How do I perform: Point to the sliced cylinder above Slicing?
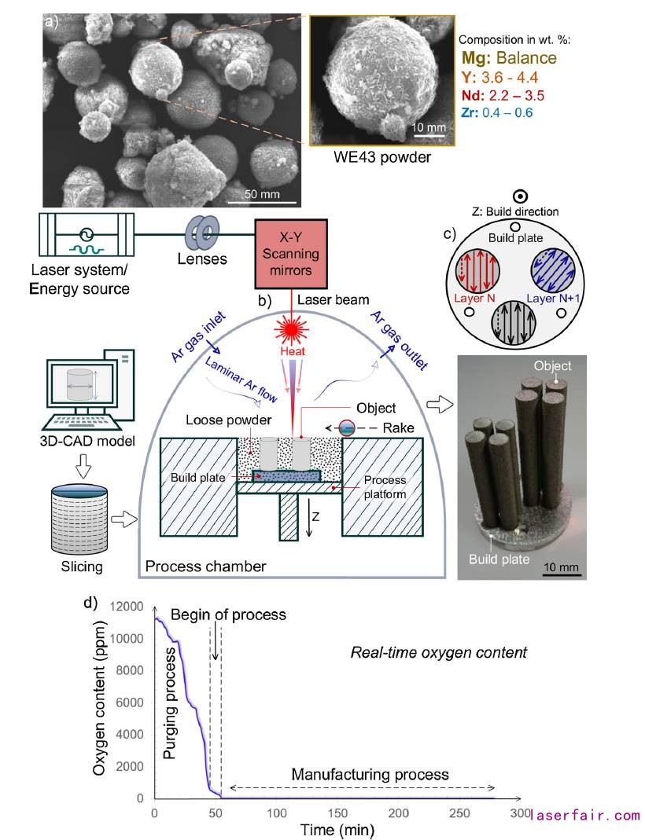(78, 519)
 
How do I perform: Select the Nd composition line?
(509, 95)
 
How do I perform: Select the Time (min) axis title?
(336, 829)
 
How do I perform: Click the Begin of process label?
(228, 614)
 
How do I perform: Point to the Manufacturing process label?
(370, 774)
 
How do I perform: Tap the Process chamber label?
(206, 567)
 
